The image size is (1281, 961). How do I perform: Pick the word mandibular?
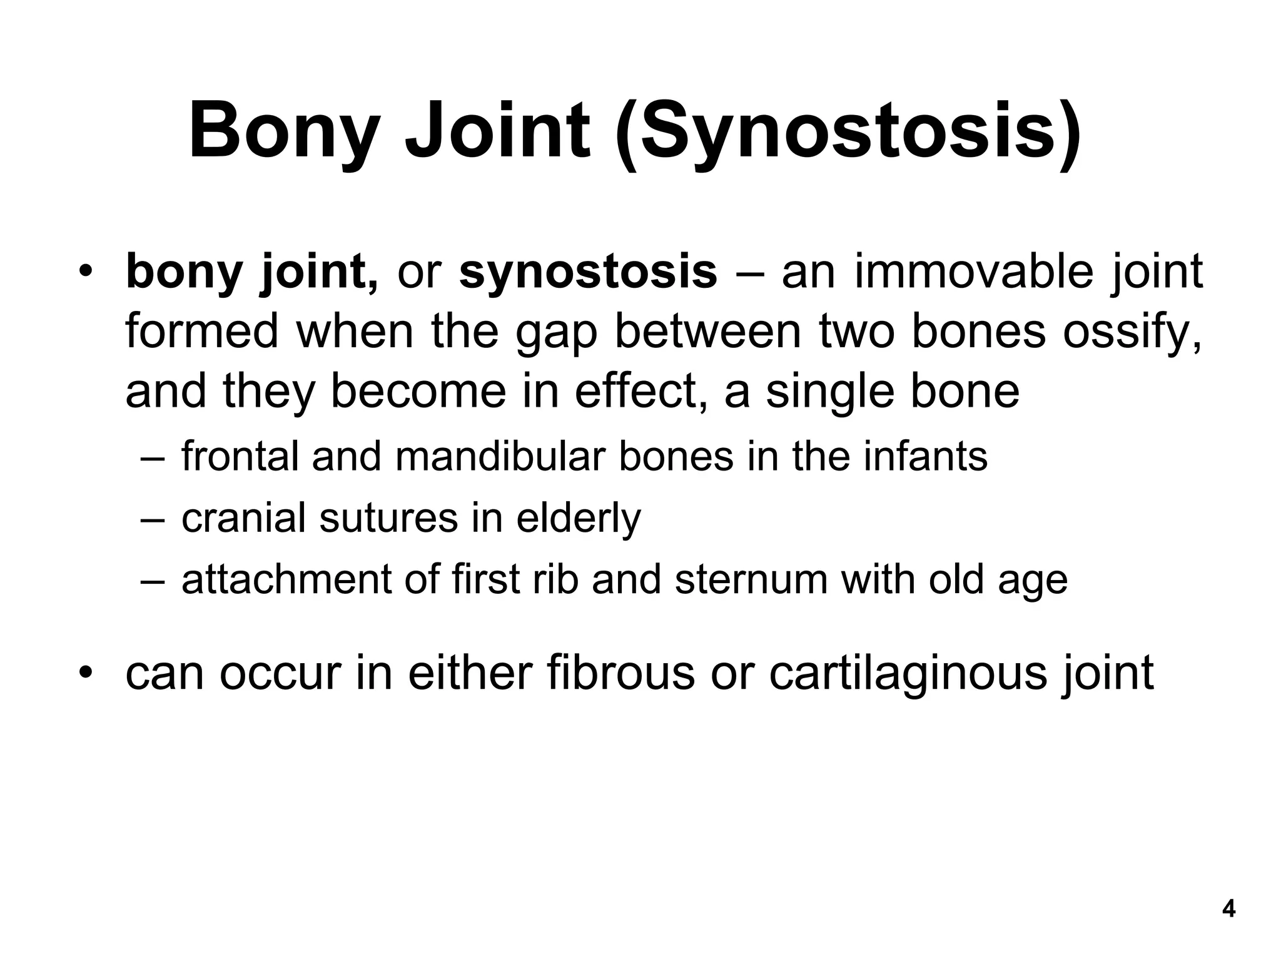pos(500,456)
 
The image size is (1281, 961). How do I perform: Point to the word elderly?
pos(579,519)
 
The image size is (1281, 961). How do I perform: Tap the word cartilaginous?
pos(908,674)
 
